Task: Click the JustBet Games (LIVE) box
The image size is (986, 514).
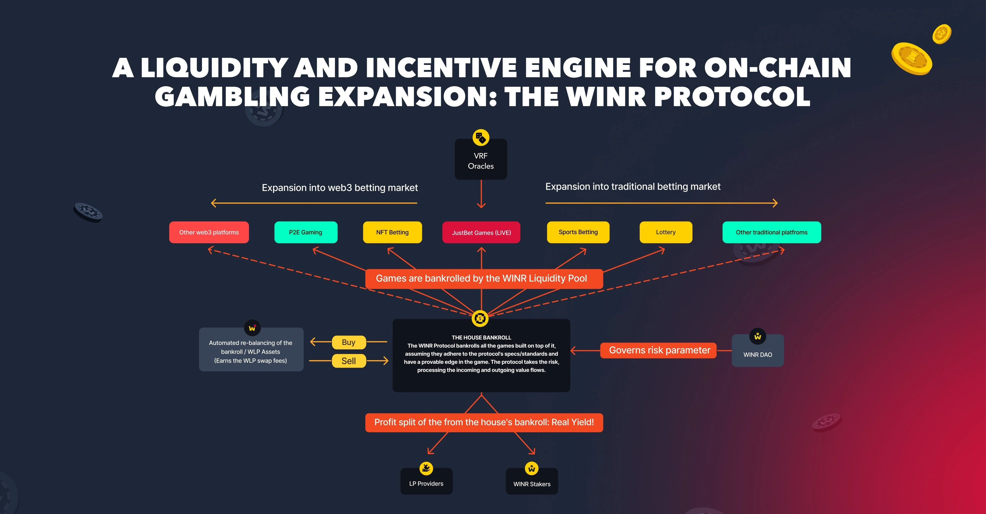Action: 481,233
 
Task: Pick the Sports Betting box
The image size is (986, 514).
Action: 578,232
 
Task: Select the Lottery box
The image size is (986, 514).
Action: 666,232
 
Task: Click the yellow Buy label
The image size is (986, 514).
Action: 349,342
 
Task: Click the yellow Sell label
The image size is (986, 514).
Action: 349,361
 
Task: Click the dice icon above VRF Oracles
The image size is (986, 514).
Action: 481,137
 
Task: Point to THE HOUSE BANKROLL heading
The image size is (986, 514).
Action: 481,338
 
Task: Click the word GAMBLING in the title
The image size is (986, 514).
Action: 232,97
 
